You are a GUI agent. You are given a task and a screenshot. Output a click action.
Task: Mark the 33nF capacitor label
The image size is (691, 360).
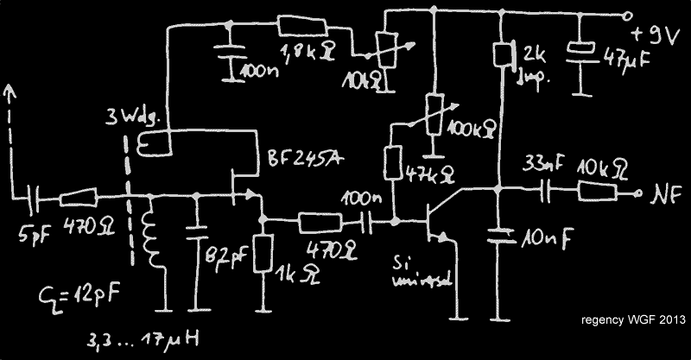(542, 162)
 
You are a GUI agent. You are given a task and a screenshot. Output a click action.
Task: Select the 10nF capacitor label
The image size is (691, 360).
(546, 236)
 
